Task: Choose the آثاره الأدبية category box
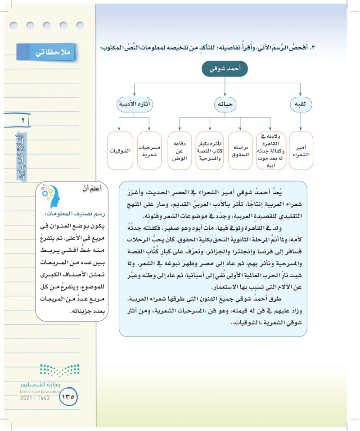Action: (135, 104)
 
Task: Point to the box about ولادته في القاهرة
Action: (271, 150)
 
